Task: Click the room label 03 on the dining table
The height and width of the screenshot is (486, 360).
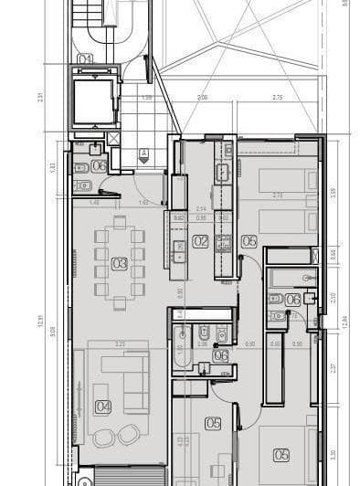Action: pos(119,264)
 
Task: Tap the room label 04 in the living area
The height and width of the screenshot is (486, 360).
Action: pos(103,407)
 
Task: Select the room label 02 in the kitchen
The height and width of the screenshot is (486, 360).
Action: pos(200,242)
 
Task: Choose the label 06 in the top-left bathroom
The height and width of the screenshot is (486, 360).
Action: pos(99,166)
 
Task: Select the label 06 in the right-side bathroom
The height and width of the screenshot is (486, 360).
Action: pos(293,300)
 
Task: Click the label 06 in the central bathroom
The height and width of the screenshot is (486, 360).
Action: pos(220,356)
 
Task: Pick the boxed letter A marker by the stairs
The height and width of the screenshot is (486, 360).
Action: pos(143,153)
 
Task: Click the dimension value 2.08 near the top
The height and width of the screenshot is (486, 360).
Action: pos(202,97)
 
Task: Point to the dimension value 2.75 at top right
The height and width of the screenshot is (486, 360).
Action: pos(277,97)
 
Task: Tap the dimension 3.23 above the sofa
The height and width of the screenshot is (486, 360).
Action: pos(119,343)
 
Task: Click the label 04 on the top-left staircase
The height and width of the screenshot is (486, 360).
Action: pos(85,59)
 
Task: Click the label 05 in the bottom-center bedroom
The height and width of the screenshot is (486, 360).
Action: pos(213,423)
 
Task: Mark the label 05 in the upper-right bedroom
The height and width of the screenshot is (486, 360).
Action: pos(249,242)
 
